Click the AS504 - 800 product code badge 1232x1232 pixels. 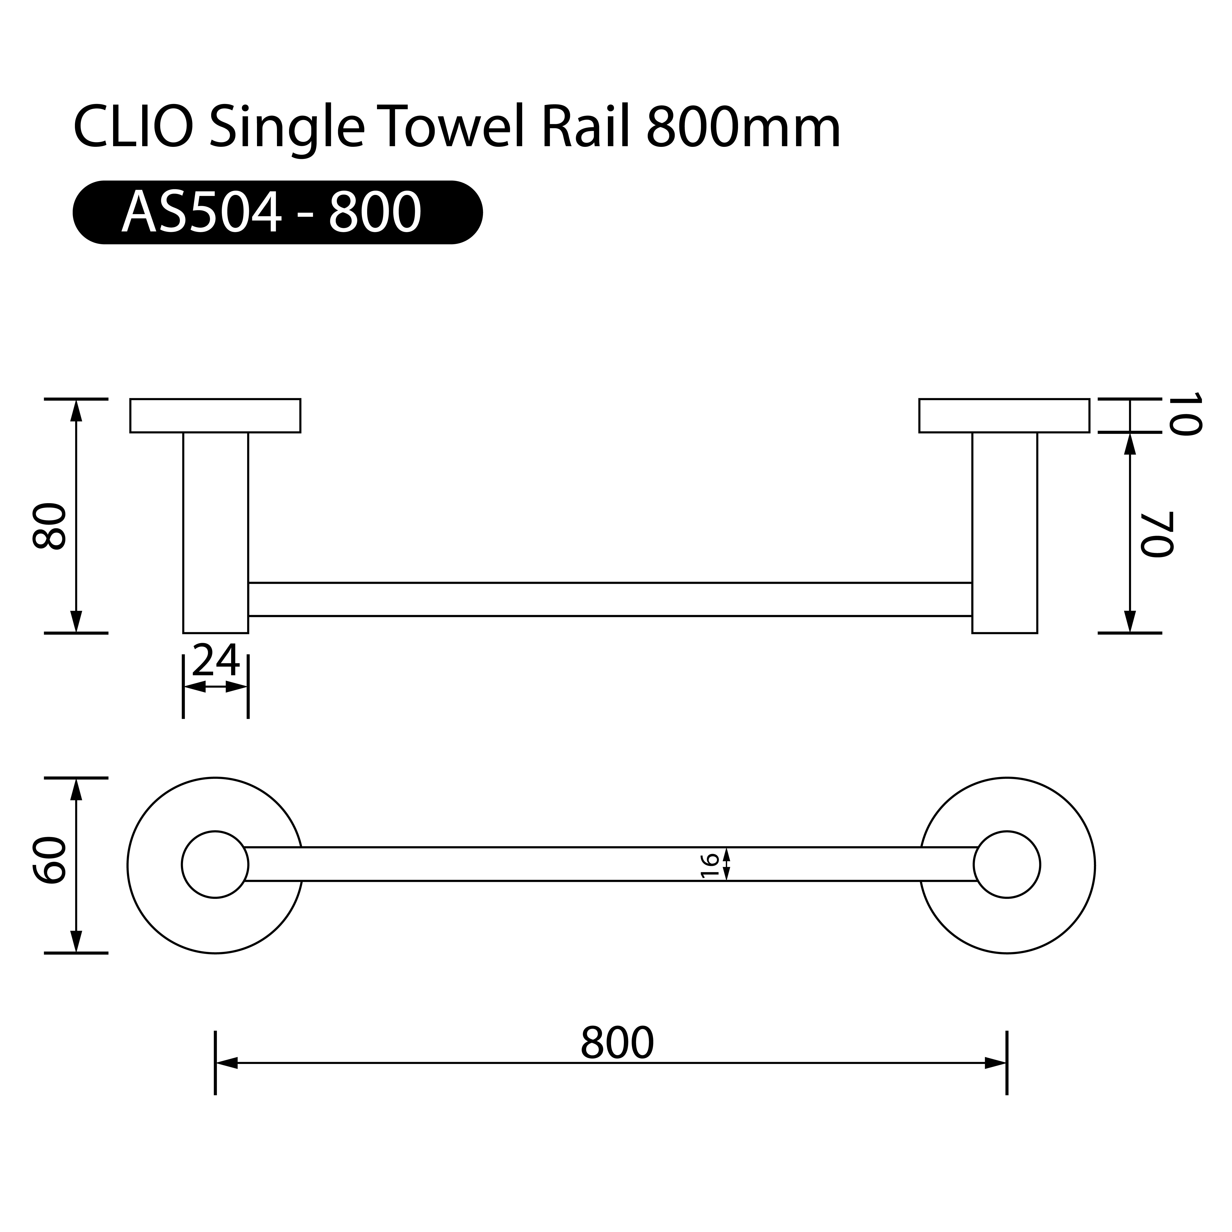277,212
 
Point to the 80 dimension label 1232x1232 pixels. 50,526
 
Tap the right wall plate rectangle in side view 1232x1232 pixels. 1004,416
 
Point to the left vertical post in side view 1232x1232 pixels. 216,532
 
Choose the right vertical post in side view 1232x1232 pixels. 1005,532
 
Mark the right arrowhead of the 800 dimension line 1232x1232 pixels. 995,1063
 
